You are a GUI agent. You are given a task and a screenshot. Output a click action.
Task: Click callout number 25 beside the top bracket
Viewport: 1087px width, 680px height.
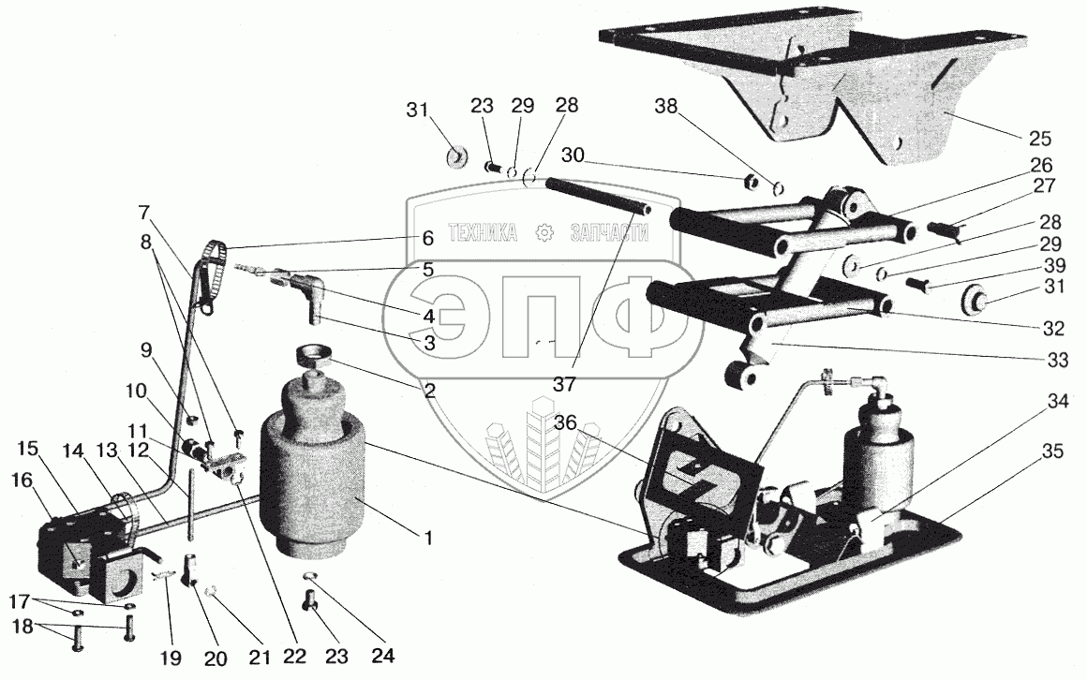(x=1040, y=139)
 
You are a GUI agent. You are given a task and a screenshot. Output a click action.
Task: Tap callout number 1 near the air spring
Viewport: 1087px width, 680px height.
(x=428, y=538)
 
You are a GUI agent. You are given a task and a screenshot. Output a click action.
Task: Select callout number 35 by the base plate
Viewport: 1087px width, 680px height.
(x=1053, y=451)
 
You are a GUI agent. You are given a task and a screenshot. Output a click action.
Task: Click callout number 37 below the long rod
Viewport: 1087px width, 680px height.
(x=566, y=383)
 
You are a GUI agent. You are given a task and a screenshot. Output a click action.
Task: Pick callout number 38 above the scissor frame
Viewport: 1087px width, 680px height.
(x=667, y=106)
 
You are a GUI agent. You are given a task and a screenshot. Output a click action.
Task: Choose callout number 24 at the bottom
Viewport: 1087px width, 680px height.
(x=382, y=655)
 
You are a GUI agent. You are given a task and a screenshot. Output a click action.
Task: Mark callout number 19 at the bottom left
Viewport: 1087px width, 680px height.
(x=171, y=658)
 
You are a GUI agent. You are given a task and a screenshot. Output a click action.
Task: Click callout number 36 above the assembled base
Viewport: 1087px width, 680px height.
(x=566, y=421)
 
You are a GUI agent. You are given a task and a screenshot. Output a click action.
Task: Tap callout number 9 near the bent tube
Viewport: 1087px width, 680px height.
(x=146, y=350)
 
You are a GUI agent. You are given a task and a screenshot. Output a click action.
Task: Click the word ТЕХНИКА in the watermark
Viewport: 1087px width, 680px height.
(x=483, y=232)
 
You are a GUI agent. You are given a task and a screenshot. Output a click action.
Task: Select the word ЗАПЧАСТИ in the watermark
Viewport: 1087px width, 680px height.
(x=609, y=232)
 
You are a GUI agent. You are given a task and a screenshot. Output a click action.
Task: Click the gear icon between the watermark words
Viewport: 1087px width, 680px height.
(x=544, y=232)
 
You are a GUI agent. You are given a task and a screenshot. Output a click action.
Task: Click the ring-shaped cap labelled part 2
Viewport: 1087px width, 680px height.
(x=313, y=356)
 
